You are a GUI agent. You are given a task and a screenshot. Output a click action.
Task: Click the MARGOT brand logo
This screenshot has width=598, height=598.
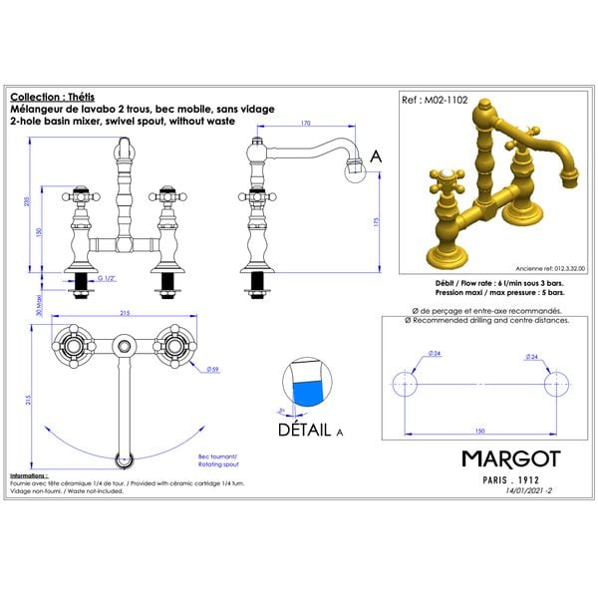[x=510, y=457]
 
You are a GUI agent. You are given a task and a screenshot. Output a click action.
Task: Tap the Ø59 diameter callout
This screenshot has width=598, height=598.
[x=213, y=370]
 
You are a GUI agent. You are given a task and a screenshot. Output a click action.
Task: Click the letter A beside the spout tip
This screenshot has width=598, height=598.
[x=376, y=156]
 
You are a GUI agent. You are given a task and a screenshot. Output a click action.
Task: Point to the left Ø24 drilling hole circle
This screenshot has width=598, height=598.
[x=404, y=384]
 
